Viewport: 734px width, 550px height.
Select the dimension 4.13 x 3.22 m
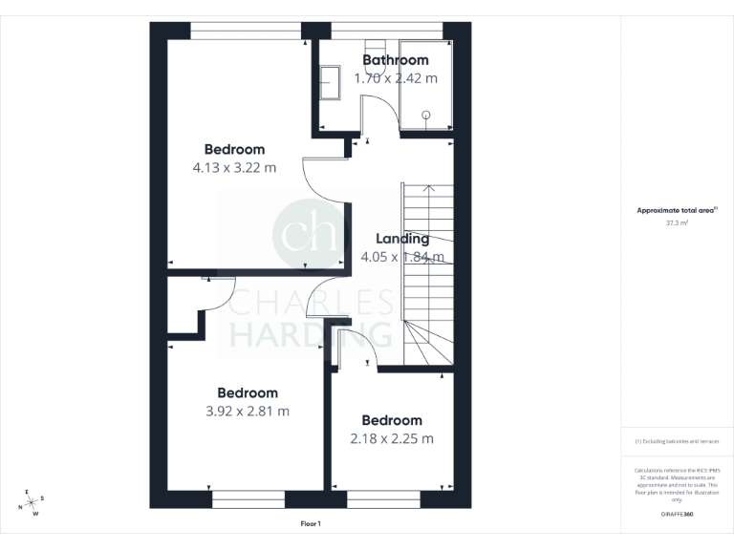click(234, 168)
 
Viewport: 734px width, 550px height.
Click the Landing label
click(401, 239)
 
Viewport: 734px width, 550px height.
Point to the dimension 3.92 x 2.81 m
click(247, 412)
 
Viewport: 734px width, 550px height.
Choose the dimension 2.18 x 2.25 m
click(391, 439)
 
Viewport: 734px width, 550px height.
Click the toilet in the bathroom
click(374, 49)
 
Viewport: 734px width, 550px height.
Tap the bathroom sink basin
click(330, 82)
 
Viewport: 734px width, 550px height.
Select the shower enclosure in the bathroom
click(424, 86)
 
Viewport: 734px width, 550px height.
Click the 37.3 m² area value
click(677, 222)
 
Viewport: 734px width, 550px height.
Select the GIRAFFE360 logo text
click(677, 513)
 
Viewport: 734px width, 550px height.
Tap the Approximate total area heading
click(677, 210)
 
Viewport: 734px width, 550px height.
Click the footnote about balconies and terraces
click(677, 441)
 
